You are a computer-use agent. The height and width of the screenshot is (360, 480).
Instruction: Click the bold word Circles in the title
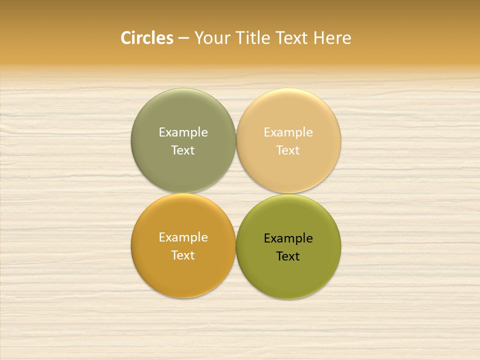(x=147, y=38)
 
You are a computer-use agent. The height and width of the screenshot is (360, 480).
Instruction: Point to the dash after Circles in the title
(x=183, y=38)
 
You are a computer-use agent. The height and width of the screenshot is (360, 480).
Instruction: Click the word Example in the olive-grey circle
(x=183, y=132)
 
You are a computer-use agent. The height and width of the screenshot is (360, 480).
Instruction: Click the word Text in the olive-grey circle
(x=183, y=150)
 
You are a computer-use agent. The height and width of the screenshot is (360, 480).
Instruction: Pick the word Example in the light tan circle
(x=288, y=132)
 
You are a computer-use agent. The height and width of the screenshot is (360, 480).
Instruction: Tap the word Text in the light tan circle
(x=288, y=150)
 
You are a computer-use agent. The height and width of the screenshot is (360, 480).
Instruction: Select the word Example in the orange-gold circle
(x=183, y=237)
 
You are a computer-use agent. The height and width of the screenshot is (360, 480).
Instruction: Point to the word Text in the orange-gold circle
(x=183, y=255)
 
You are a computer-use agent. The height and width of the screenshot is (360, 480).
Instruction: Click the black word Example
(x=288, y=238)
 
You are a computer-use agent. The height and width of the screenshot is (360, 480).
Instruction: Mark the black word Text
(x=288, y=256)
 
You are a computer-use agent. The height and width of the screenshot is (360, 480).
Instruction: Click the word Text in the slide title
(x=292, y=38)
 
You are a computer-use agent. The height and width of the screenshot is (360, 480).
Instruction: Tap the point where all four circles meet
(x=236, y=193)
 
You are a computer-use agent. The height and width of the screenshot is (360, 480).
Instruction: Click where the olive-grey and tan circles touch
(x=236, y=140)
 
